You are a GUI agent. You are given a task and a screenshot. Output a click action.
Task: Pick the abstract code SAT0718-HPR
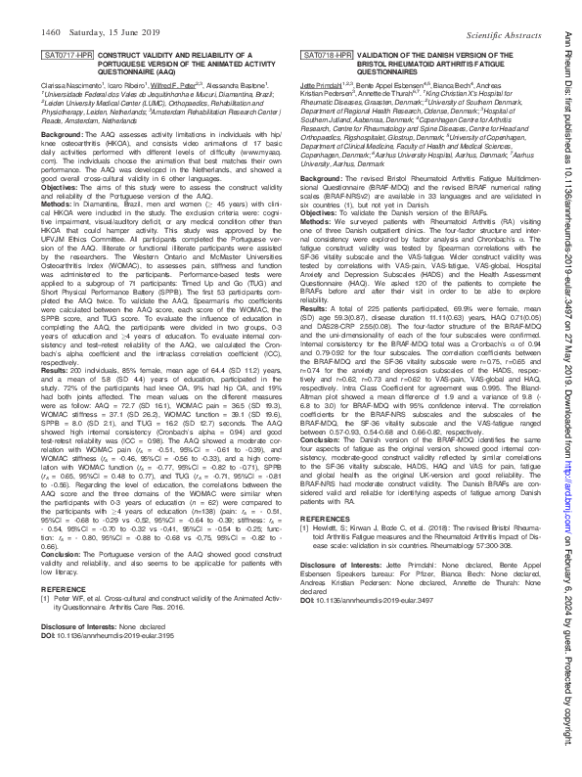coord(326,57)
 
